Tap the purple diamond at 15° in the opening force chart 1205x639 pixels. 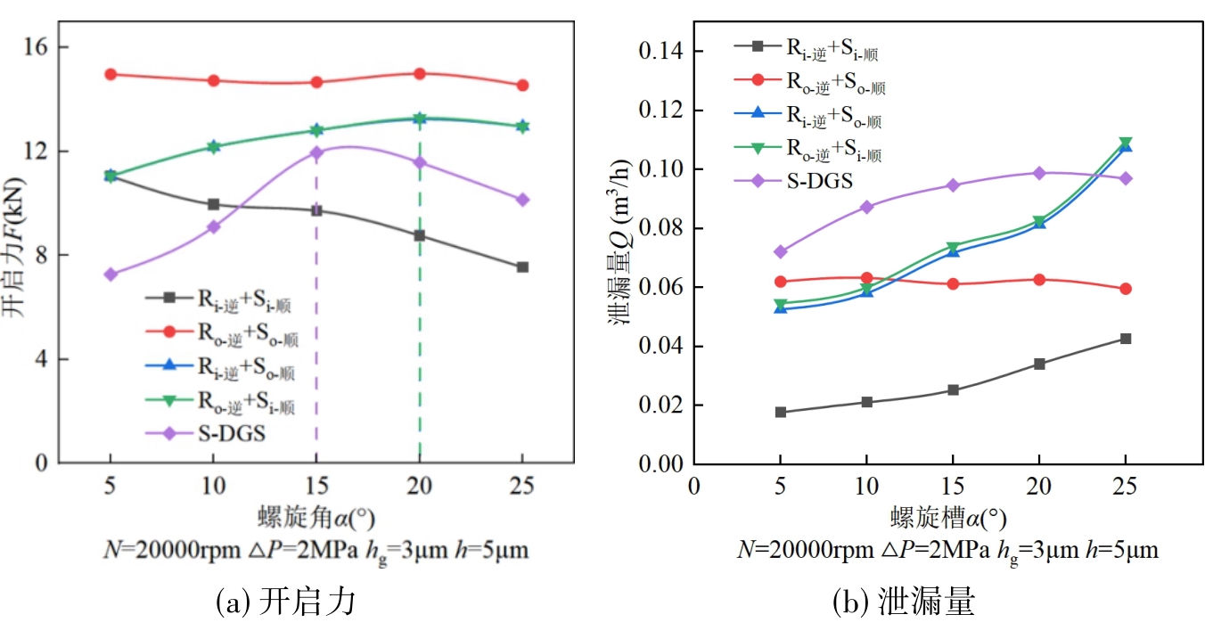pos(316,152)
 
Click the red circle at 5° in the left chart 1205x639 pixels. pos(110,74)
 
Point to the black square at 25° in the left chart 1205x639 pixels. pos(522,267)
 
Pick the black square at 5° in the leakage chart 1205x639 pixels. pos(781,412)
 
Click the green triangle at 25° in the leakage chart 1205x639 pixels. pos(1126,143)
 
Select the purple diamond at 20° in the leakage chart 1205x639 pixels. pos(1039,173)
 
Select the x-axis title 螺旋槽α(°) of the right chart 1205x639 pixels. pos(948,517)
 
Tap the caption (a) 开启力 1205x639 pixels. pos(286,602)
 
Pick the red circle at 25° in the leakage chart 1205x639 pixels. pos(1126,289)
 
